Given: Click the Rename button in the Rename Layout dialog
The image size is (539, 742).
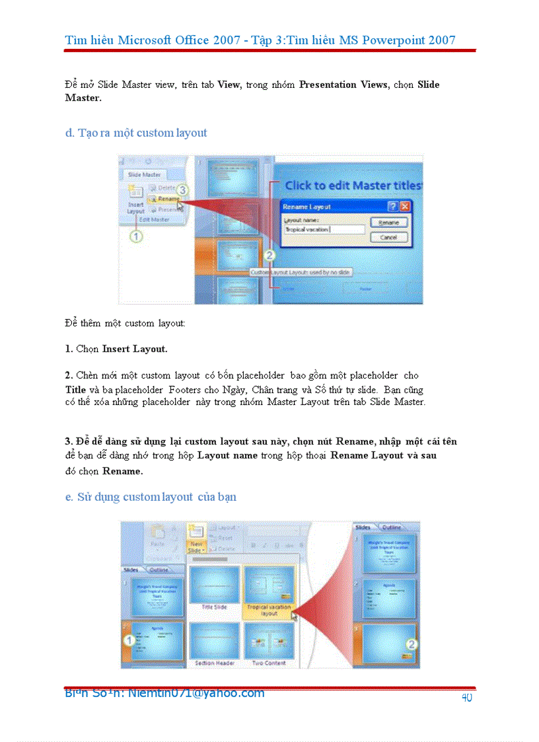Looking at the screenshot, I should [388, 223].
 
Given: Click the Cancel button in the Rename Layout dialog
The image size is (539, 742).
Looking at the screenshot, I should [388, 237].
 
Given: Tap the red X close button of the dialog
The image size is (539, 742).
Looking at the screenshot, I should [405, 206].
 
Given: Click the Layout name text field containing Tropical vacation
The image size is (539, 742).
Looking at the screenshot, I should [324, 230].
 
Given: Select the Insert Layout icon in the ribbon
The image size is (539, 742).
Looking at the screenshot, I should [135, 198].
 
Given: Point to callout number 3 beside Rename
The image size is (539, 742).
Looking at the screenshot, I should [183, 190].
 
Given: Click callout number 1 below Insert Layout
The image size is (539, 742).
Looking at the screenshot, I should [135, 236].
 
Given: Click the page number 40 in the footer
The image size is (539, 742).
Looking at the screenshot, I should [466, 698].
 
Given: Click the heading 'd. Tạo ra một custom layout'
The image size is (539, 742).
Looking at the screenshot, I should [136, 133].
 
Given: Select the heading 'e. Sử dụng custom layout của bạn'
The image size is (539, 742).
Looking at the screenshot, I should [151, 497].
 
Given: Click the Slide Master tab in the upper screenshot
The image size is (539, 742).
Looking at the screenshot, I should [143, 174].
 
